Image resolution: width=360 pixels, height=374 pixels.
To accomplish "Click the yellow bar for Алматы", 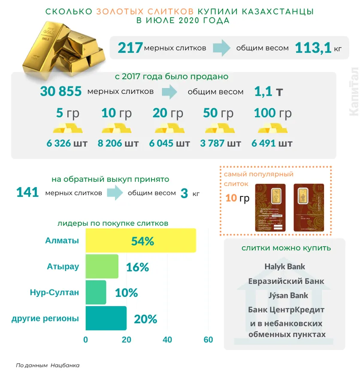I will [x=141, y=241].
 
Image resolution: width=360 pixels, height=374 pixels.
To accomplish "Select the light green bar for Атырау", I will [x=102, y=266].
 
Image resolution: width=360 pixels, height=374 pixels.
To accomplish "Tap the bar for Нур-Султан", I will [x=96, y=293].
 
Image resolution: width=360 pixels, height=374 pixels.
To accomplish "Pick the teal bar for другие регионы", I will [x=106, y=318].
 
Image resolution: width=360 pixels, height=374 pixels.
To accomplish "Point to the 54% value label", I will [x=142, y=241].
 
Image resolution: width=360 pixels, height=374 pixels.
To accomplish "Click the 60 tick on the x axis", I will [x=208, y=340].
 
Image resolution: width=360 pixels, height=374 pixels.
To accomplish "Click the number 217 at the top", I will [x=130, y=48].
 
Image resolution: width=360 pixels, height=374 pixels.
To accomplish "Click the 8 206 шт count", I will [x=118, y=143].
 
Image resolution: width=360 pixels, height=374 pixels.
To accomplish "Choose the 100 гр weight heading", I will [x=272, y=113].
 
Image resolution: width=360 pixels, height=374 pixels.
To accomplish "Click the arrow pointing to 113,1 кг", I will [x=222, y=48].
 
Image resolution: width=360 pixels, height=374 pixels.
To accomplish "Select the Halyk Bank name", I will [x=284, y=266].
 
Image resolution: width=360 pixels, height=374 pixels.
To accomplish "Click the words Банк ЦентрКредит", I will [x=286, y=310].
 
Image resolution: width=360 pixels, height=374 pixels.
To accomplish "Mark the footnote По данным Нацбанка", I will [x=48, y=365].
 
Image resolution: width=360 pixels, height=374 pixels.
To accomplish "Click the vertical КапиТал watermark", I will [x=354, y=91].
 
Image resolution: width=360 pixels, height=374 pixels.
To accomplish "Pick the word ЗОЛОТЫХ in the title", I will [x=124, y=12].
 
